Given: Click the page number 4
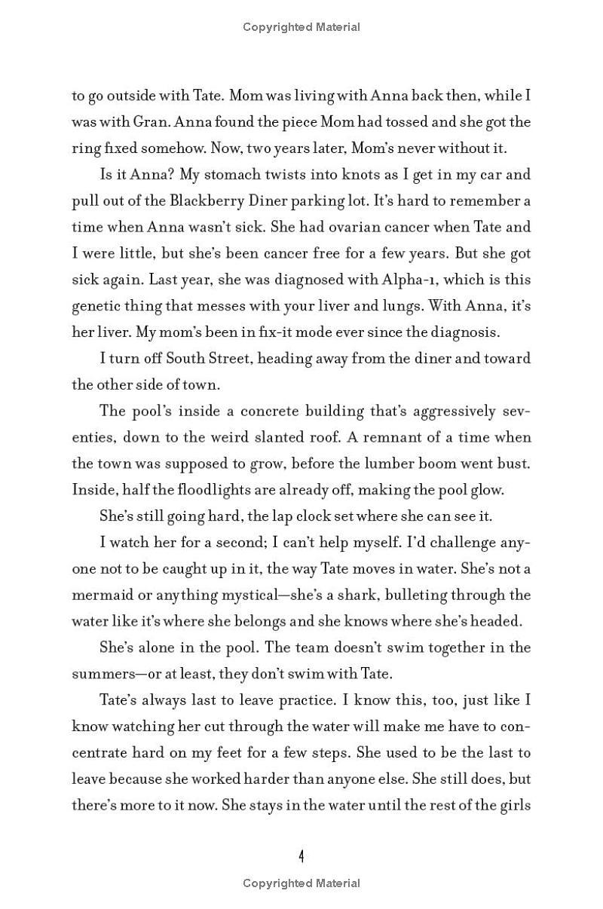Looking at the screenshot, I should pyautogui.click(x=301, y=856).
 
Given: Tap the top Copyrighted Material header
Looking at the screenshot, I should pyautogui.click(x=301, y=27).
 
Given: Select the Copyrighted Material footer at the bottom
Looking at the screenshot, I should pyautogui.click(x=301, y=883).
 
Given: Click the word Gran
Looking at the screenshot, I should pyautogui.click(x=132, y=122).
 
